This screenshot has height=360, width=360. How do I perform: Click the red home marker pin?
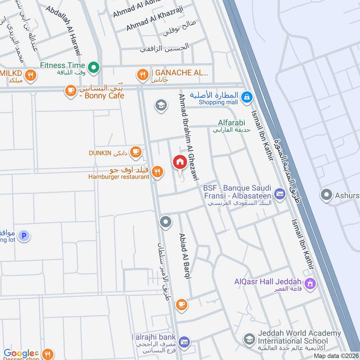click(x=180, y=162)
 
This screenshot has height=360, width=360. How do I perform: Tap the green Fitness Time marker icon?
click(x=94, y=67)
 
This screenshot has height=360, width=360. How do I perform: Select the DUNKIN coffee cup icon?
click(x=135, y=153)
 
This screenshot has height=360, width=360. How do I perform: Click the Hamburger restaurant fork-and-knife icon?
click(x=157, y=171)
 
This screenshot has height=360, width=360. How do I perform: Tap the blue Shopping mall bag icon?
click(x=247, y=96)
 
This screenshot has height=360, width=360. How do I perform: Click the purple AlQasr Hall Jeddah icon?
click(x=309, y=283)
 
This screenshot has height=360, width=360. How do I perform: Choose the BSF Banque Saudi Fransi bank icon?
click(x=279, y=194)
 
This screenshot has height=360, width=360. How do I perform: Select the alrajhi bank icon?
click(x=184, y=343)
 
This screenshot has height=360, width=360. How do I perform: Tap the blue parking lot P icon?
click(x=24, y=235)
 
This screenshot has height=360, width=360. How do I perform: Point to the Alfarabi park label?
click(x=230, y=122)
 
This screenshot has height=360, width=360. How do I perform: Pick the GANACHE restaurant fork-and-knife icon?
click(x=143, y=75)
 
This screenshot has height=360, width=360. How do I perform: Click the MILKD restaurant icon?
click(x=30, y=75)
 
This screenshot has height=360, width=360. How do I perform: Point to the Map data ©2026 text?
click(x=335, y=355)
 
